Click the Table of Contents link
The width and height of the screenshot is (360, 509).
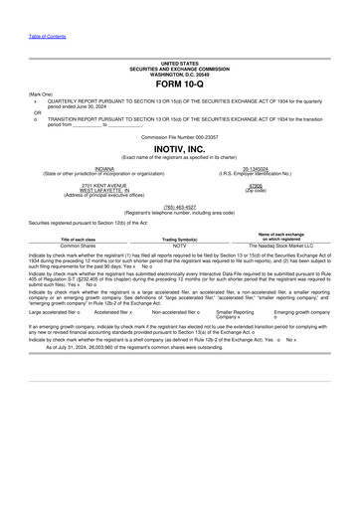(x=47, y=36)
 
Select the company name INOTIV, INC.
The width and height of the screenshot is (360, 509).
(x=179, y=148)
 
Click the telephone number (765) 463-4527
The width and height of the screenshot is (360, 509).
(x=179, y=207)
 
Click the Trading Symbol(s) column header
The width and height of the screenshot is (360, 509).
(x=180, y=240)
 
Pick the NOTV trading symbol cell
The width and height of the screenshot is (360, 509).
(x=180, y=247)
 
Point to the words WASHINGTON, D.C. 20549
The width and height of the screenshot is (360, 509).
(x=179, y=75)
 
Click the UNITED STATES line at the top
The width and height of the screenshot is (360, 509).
(x=179, y=64)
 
